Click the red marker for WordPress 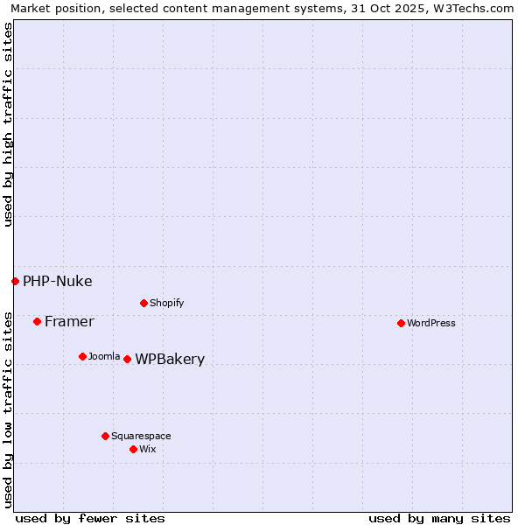[401, 323]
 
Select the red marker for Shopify [143, 303]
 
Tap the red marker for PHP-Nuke [15, 281]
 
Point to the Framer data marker [37, 321]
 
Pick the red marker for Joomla [82, 356]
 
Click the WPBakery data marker [127, 359]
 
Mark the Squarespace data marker [105, 436]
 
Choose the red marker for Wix [133, 449]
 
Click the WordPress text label [431, 323]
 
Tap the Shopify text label [166, 303]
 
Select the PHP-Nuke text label [57, 281]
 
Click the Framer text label [69, 321]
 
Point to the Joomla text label [104, 356]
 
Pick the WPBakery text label [170, 359]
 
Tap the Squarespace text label [141, 436]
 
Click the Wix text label [147, 449]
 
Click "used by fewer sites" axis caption [90, 518]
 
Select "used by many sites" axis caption [439, 518]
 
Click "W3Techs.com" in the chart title [477, 8]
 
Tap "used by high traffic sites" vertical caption [8, 124]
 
